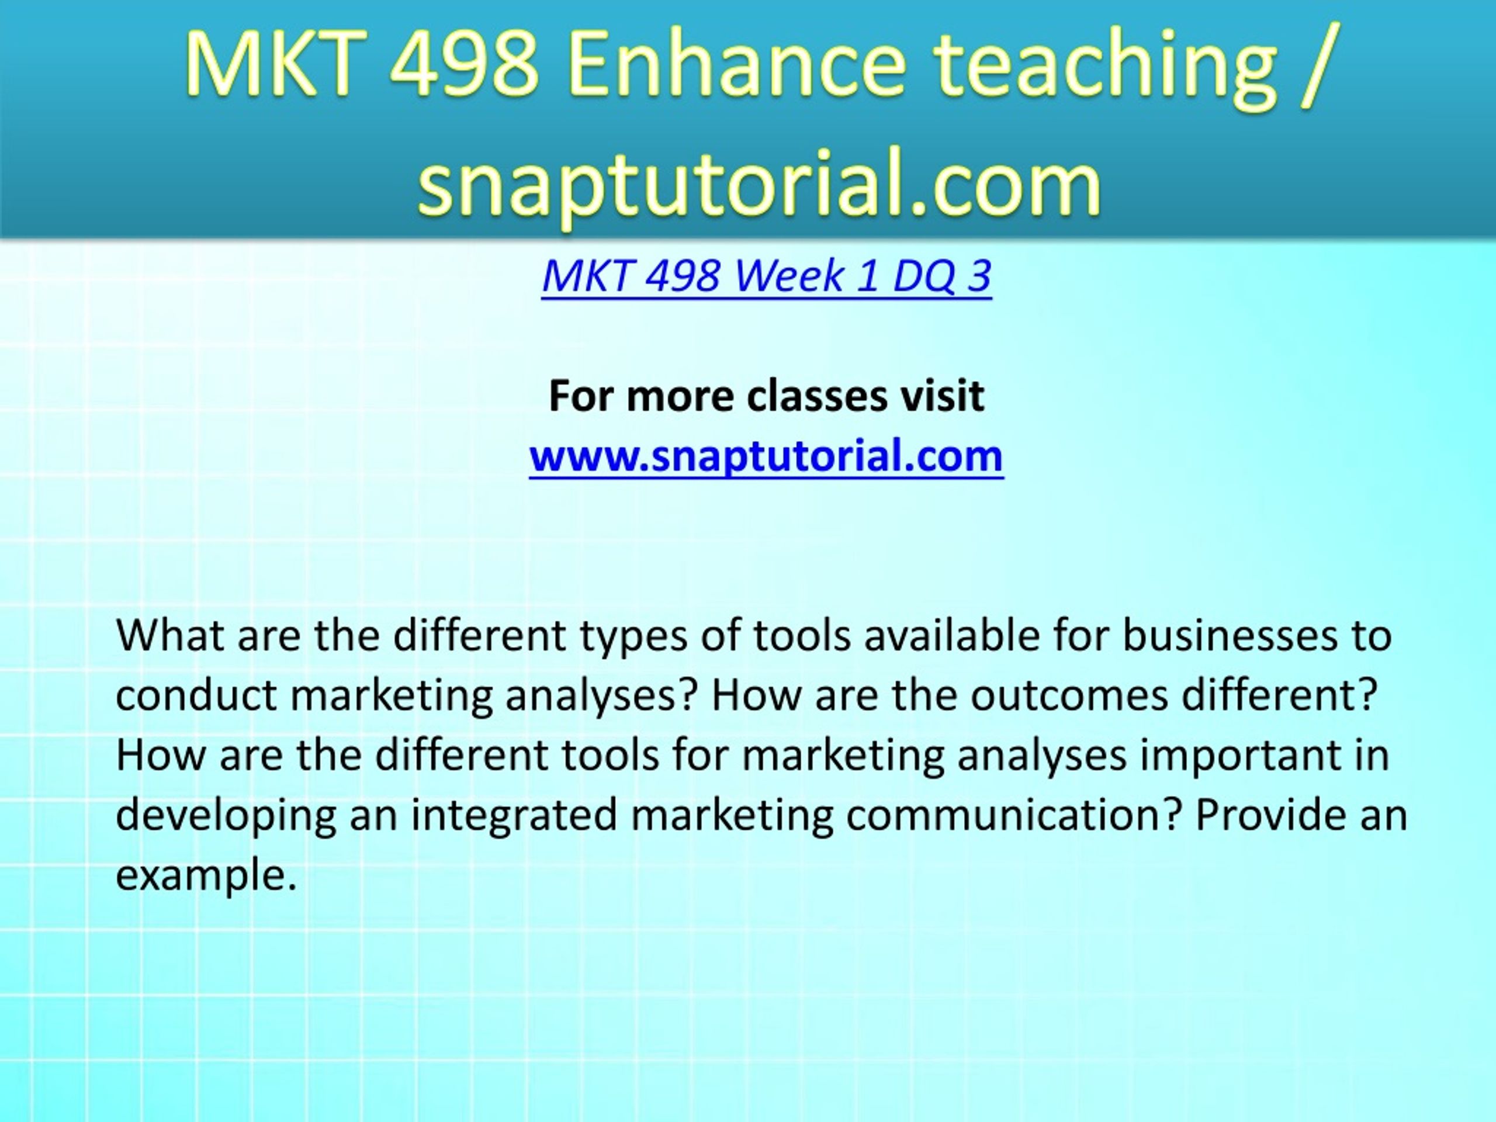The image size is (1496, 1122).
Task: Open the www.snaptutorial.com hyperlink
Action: (x=766, y=456)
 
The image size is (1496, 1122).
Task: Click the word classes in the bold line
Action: (x=817, y=396)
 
